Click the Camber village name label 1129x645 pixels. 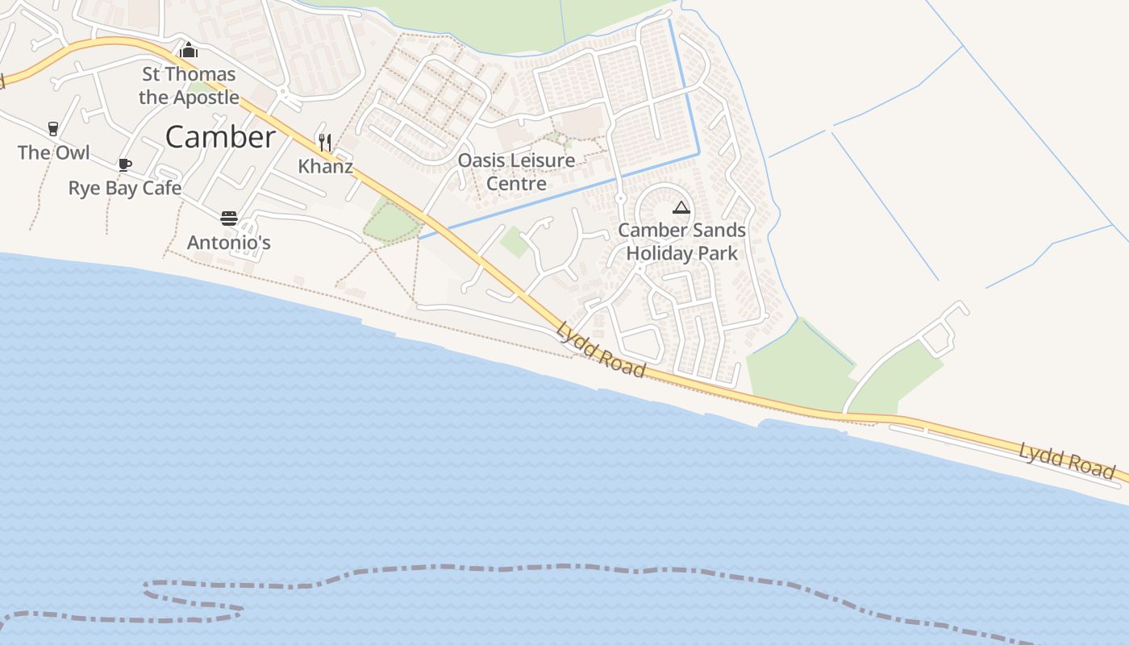pyautogui.click(x=220, y=137)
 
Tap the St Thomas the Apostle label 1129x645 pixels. pyautogui.click(x=189, y=85)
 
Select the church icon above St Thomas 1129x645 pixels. pyautogui.click(x=189, y=50)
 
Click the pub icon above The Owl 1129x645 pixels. pyautogui.click(x=53, y=128)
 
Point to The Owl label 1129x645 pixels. pyautogui.click(x=53, y=152)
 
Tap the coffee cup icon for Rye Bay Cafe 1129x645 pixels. pyautogui.click(x=125, y=164)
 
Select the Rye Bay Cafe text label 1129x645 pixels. pyautogui.click(x=125, y=188)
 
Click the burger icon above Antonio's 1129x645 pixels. pyautogui.click(x=229, y=218)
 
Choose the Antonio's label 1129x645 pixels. pyautogui.click(x=229, y=243)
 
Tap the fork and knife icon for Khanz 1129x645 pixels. pyautogui.click(x=324, y=143)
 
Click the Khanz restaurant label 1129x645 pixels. pyautogui.click(x=326, y=167)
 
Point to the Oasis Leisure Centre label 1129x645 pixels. pyautogui.click(x=516, y=172)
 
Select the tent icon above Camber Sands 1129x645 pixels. pyautogui.click(x=681, y=207)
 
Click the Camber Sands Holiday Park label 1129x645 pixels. pyautogui.click(x=682, y=241)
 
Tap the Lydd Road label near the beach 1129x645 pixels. pyautogui.click(x=602, y=351)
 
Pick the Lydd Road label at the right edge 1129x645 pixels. pyautogui.click(x=1067, y=460)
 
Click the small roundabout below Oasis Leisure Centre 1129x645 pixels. pyautogui.click(x=620, y=198)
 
